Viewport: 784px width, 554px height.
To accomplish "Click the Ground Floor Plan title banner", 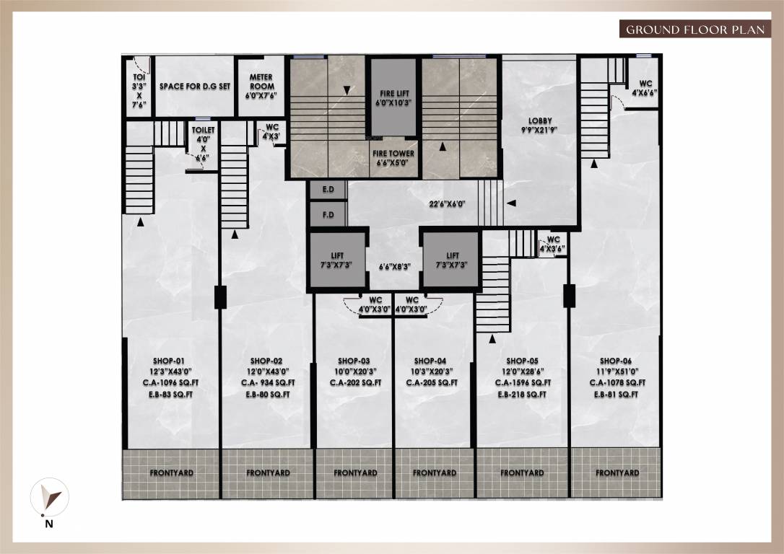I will pos(694,30).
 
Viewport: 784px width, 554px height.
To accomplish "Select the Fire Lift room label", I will pos(393,98).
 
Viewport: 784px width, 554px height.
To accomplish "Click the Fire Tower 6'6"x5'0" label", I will pos(393,157).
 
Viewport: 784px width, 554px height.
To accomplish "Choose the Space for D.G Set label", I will pos(195,86).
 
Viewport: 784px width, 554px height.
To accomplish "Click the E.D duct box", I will pos(328,190).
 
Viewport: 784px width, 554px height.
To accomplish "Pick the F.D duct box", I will pos(328,215).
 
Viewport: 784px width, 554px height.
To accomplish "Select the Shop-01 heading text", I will pos(169,361).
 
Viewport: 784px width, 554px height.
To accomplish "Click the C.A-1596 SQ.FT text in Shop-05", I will pos(523,383).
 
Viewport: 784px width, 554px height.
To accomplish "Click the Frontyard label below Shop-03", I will pos(355,473).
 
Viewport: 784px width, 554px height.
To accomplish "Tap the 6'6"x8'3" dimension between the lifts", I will pos(395,266).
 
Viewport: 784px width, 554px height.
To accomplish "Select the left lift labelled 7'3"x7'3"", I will pos(337,260).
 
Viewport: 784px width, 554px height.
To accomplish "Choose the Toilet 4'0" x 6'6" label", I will pos(203,143).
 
